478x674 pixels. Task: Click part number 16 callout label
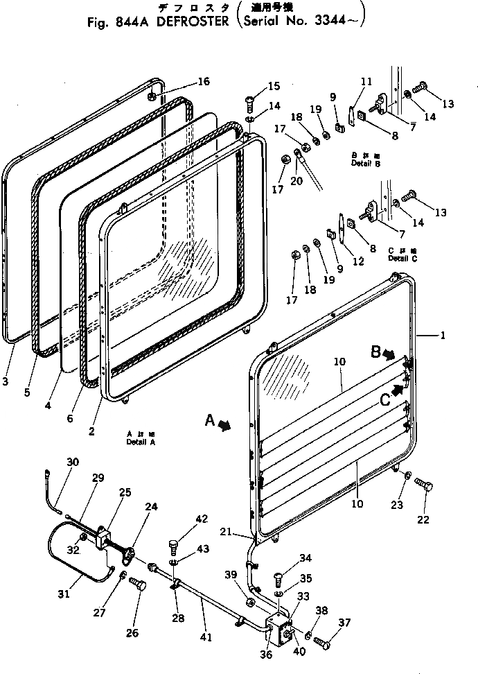202,82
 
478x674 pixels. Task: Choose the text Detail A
141,442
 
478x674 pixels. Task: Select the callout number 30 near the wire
73,463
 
